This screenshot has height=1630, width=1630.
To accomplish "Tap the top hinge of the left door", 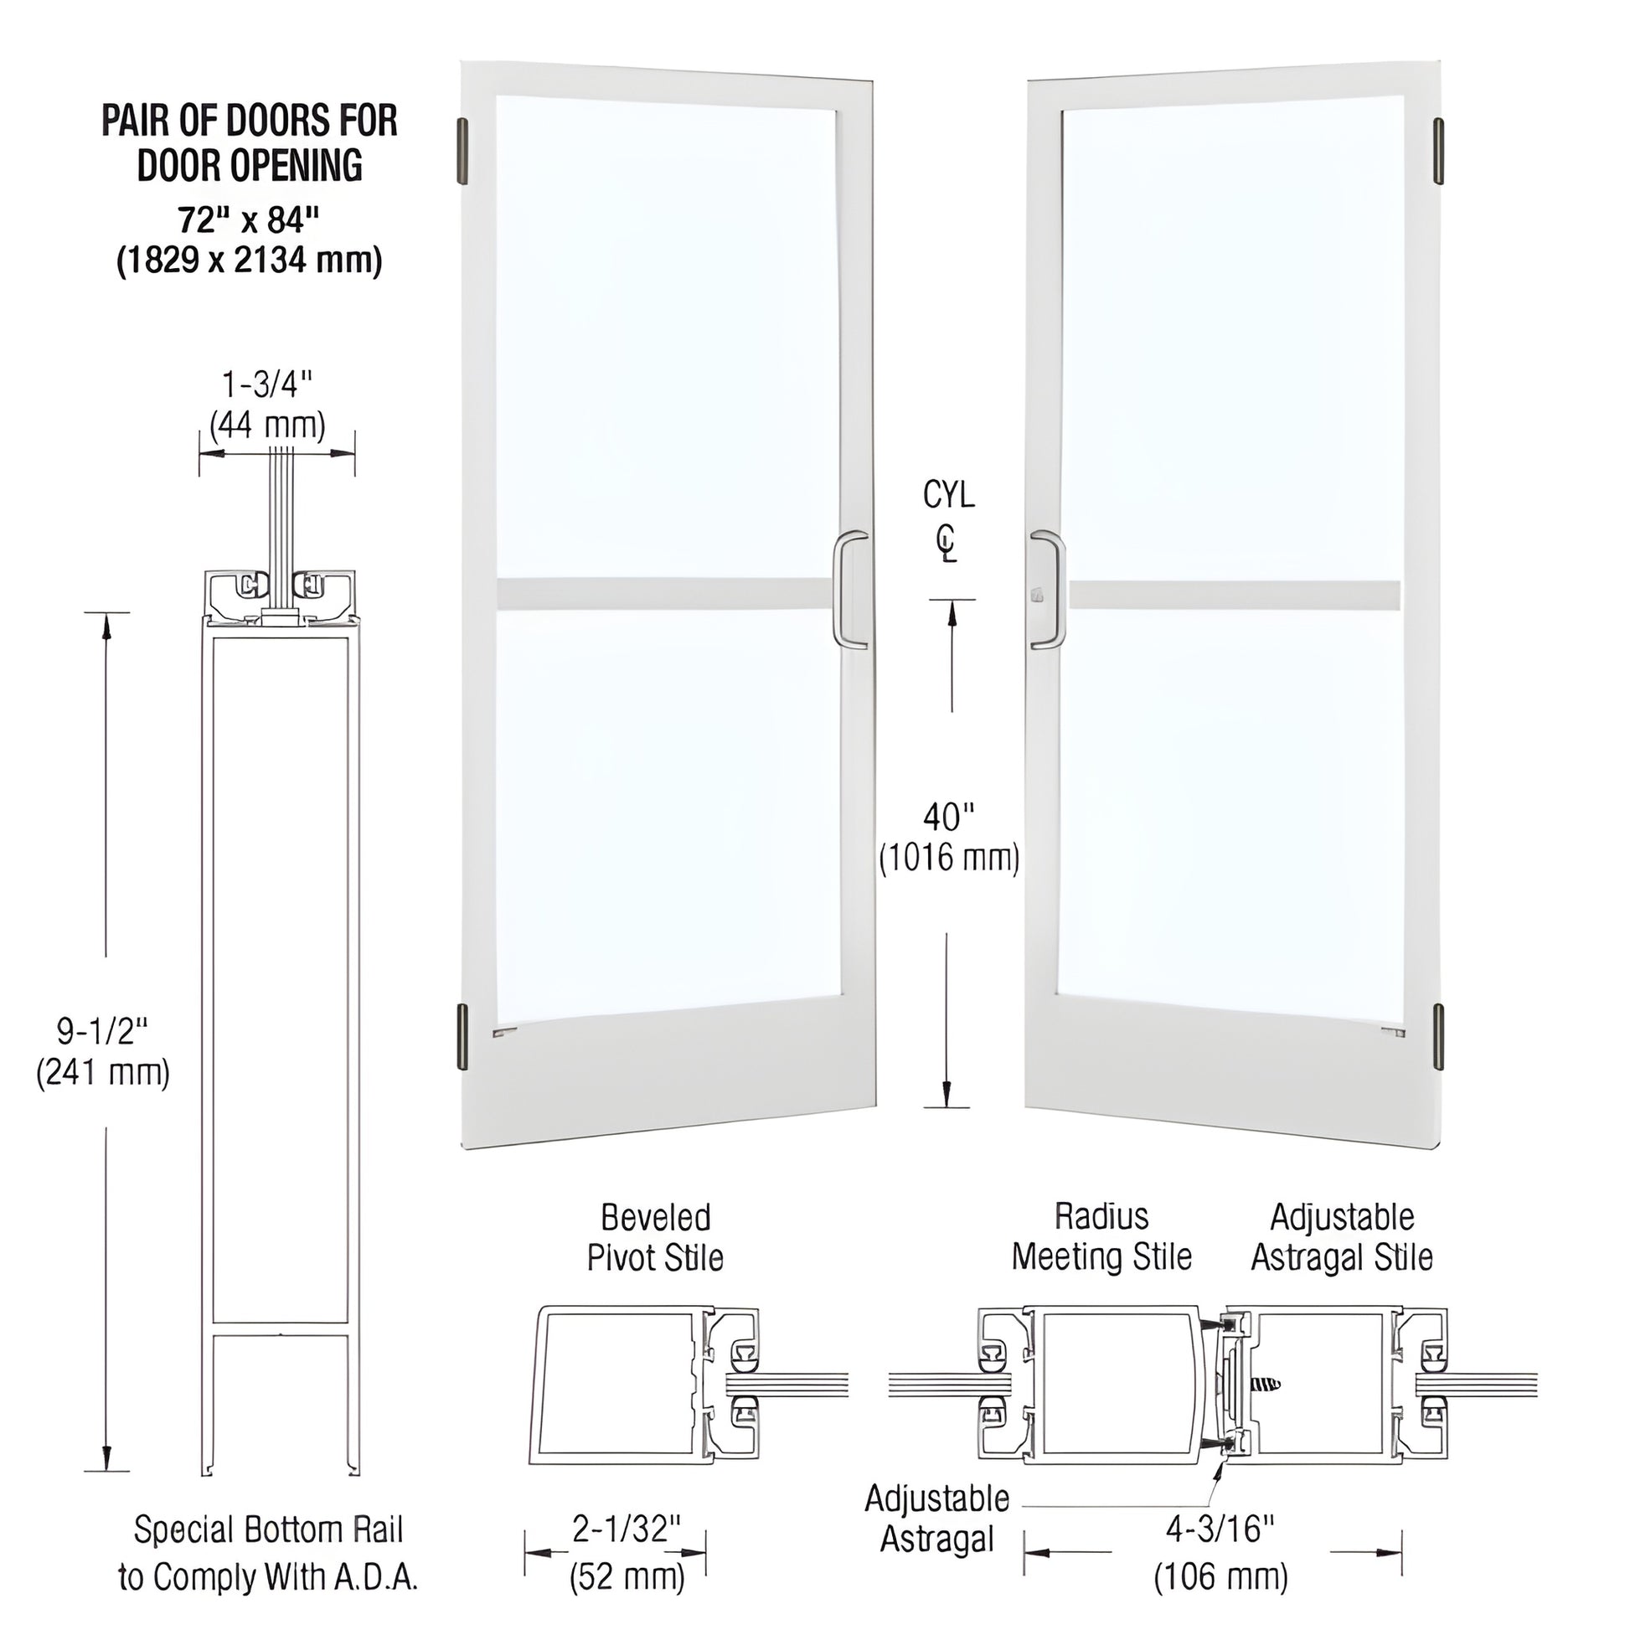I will coord(462,152).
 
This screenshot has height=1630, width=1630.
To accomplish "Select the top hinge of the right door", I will coord(1438,152).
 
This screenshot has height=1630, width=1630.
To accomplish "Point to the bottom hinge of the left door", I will coord(462,1038).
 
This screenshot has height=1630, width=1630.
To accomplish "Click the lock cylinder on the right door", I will coord(1036,596).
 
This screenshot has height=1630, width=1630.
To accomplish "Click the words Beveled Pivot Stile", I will coord(655,1238).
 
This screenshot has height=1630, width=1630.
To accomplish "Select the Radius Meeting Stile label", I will coord(1101,1237).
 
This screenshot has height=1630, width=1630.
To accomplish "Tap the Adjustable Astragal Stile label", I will coord(1342,1237).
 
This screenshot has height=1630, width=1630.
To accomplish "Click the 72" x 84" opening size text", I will coord(249,220).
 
